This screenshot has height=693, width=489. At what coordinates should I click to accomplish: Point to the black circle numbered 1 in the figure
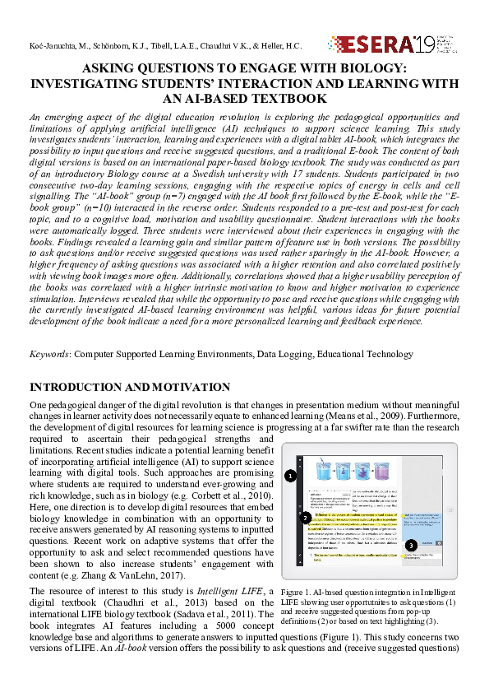point(290,476)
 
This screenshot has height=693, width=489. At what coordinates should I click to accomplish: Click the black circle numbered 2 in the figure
point(306,517)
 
